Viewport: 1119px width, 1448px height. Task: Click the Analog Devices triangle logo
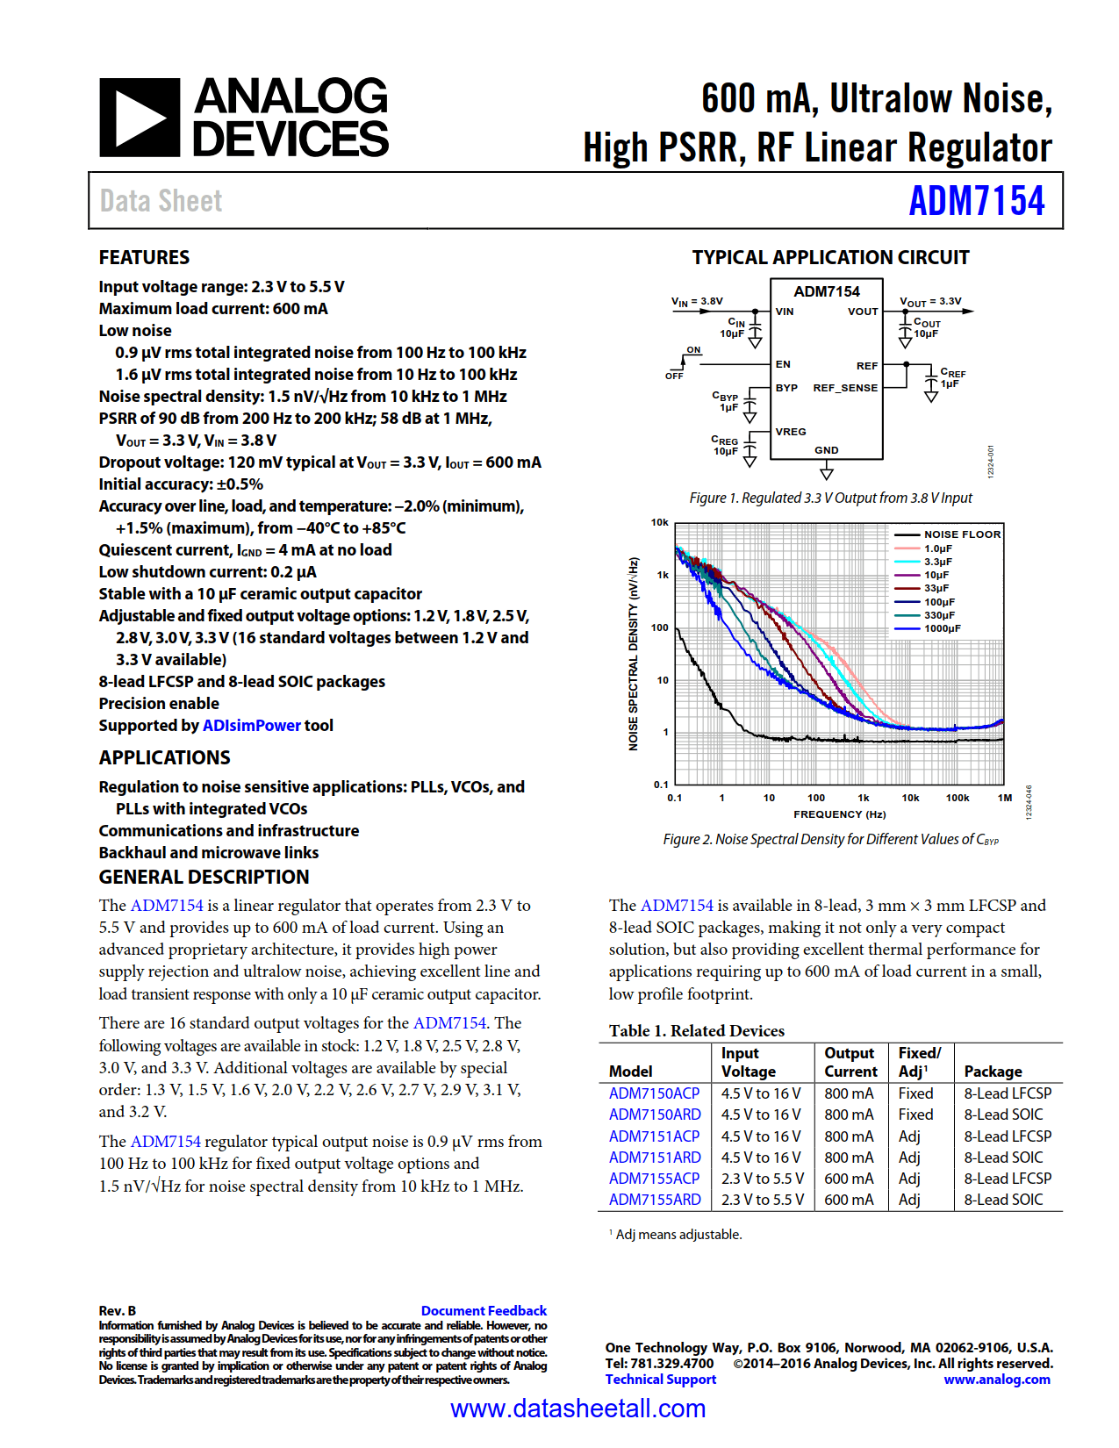[x=140, y=118]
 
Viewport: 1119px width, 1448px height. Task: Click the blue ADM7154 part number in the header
[x=976, y=201]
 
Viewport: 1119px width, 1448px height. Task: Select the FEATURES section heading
[x=144, y=257]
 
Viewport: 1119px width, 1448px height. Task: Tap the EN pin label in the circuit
[x=783, y=364]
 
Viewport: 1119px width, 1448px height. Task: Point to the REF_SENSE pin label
[x=844, y=388]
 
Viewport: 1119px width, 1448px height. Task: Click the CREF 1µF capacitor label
[x=952, y=378]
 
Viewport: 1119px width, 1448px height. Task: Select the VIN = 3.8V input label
[x=697, y=301]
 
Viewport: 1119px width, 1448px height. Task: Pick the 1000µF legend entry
[x=942, y=628]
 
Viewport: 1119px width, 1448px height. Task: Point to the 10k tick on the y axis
[x=659, y=523]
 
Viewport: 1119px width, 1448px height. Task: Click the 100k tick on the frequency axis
[x=957, y=798]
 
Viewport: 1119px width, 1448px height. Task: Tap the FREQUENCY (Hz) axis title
[x=839, y=814]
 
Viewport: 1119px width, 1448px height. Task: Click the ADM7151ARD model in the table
[x=655, y=1158]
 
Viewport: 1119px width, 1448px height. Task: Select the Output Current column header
[x=850, y=1062]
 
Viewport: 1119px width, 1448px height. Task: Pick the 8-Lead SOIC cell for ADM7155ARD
[x=1003, y=1200]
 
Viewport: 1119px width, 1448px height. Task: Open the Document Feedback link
[x=484, y=1310]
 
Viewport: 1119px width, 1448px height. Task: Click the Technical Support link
[x=660, y=1380]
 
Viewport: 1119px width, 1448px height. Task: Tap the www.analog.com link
[x=996, y=1380]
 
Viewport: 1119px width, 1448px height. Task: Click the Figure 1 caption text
[x=830, y=498]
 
